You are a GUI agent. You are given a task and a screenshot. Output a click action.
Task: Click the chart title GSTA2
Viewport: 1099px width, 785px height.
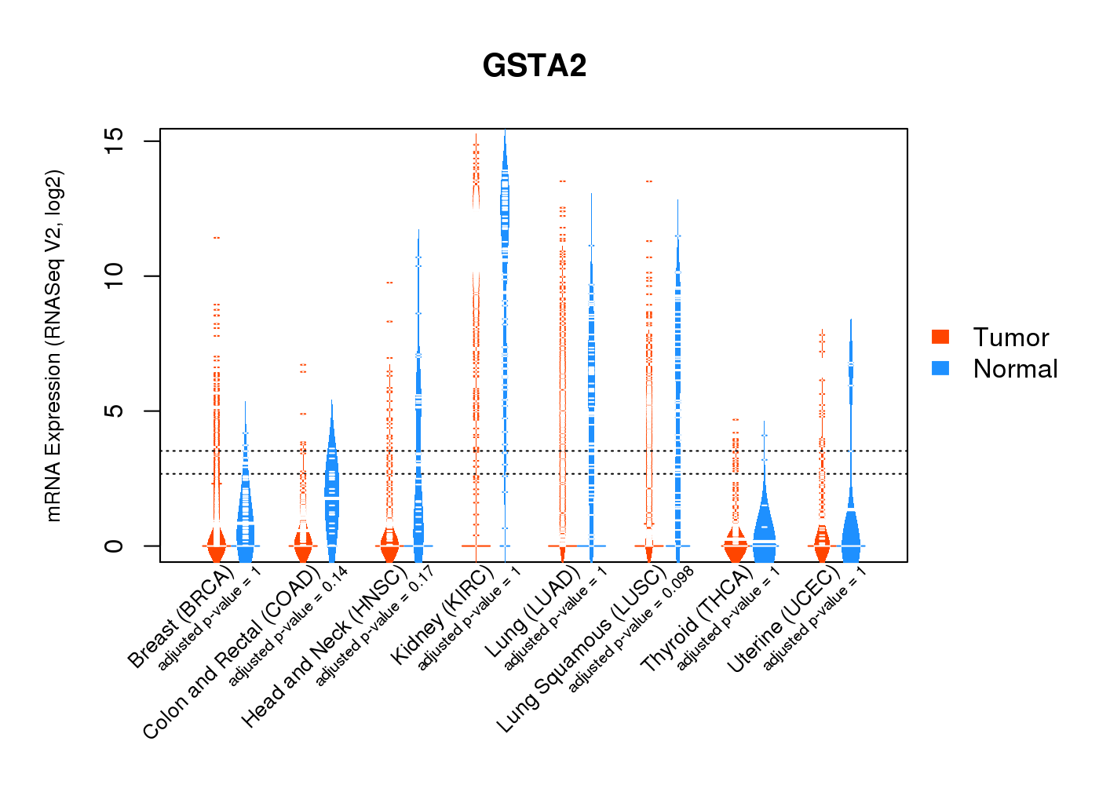535,66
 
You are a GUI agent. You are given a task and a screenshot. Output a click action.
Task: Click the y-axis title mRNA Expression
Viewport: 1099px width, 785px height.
53,345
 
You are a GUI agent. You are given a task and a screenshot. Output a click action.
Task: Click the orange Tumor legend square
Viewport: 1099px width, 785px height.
940,337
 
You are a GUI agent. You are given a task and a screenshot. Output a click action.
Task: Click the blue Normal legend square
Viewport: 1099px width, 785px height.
940,368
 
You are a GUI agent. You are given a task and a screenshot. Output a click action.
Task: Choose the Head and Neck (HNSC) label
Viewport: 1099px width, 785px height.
324,648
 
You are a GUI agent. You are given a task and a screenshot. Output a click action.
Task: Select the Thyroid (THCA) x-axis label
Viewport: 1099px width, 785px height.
697,621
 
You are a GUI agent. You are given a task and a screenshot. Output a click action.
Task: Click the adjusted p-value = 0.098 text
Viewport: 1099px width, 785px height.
631,640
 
